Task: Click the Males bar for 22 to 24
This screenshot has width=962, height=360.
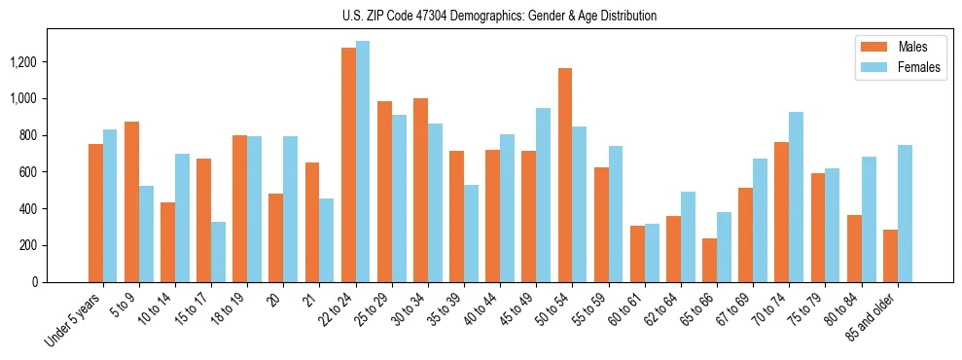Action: (348, 164)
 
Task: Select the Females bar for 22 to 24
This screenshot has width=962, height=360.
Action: (363, 162)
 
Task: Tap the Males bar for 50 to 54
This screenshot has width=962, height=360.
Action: (565, 175)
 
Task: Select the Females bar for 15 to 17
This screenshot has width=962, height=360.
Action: (218, 252)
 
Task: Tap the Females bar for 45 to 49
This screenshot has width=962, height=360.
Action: (543, 195)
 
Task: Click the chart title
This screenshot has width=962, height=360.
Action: (499, 16)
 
